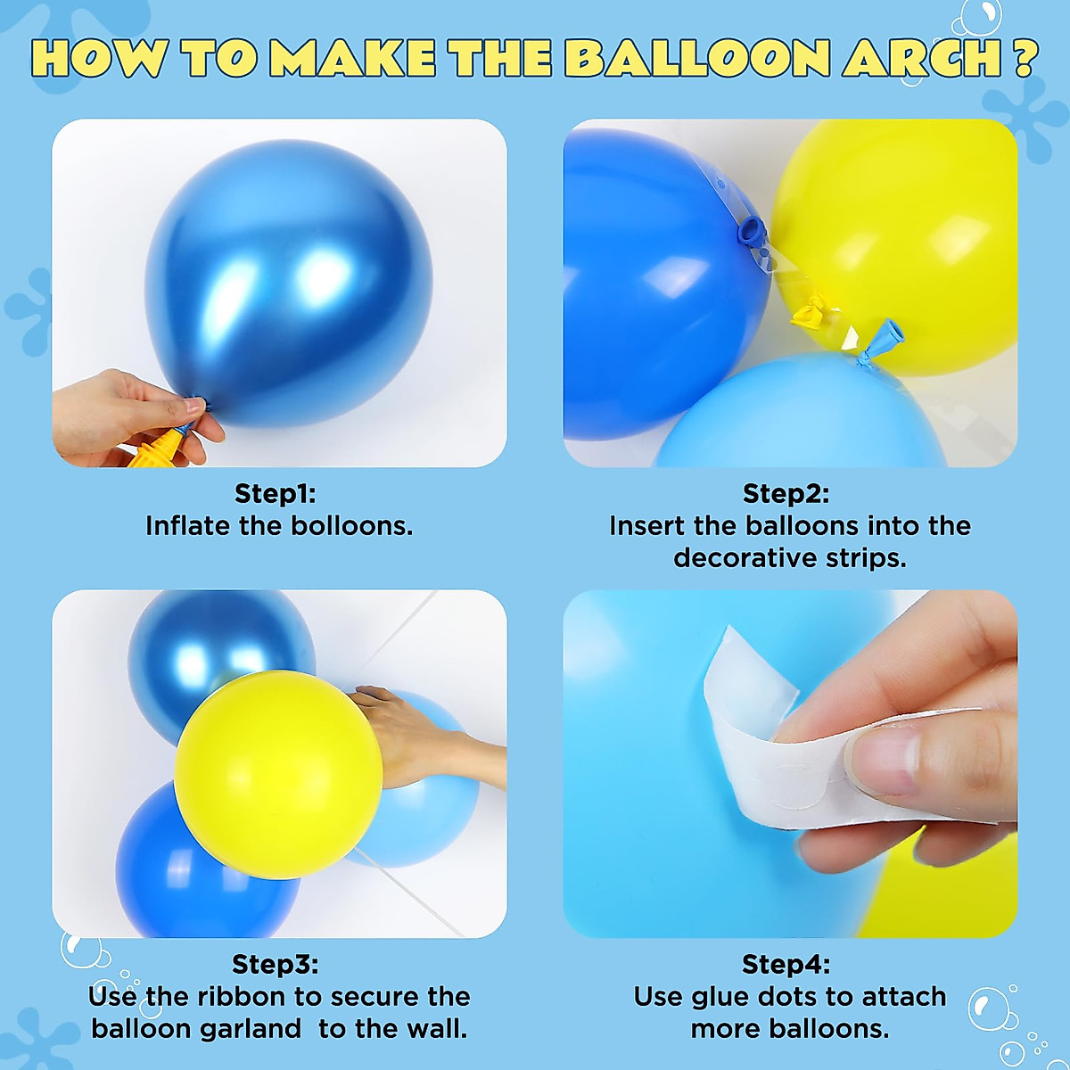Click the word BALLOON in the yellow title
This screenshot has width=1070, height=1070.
[696, 60]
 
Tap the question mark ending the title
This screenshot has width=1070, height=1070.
[1025, 60]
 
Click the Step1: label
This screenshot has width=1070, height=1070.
[275, 493]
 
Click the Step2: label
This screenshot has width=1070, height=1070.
[786, 493]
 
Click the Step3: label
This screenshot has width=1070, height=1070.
[275, 964]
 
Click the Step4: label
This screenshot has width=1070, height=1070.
[786, 964]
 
